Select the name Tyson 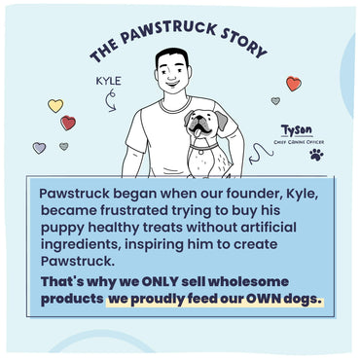pyautogui.click(x=294, y=129)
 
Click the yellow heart pyautogui.click(x=55, y=105)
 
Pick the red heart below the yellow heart pyautogui.click(x=68, y=123)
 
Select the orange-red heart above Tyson pyautogui.click(x=293, y=85)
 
